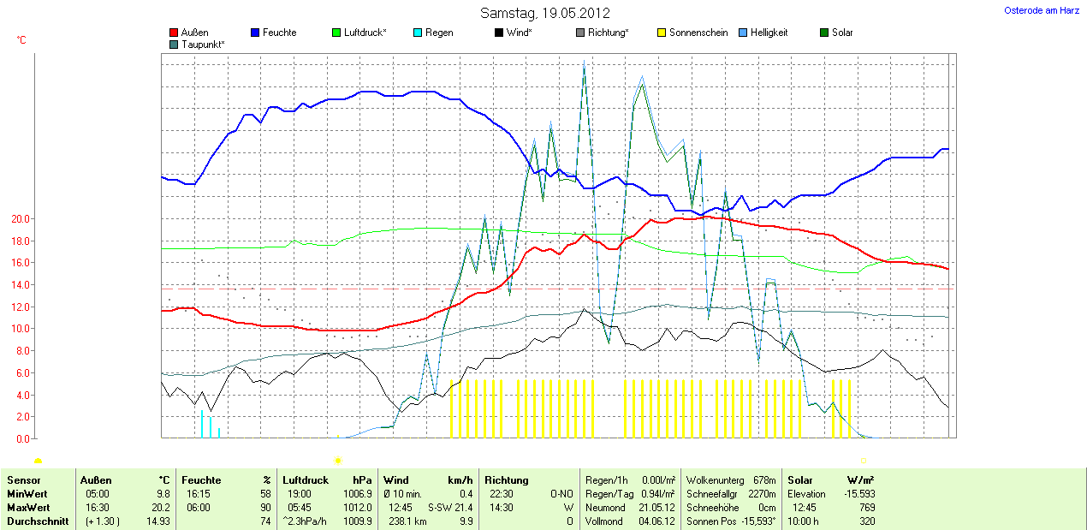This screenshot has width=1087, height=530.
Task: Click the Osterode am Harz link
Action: click(x=1042, y=10)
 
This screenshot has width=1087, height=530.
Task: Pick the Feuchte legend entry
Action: click(x=273, y=33)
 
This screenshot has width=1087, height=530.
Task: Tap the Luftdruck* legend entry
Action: click(x=359, y=33)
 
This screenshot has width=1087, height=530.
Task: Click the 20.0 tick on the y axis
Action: click(x=20, y=219)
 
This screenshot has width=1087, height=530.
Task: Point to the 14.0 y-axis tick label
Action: click(x=20, y=285)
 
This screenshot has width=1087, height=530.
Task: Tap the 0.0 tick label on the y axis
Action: click(x=22, y=438)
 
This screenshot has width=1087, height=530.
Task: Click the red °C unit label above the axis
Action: click(x=21, y=40)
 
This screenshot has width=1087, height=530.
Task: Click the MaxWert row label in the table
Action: click(x=29, y=507)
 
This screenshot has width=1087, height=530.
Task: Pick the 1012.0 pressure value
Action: click(x=356, y=507)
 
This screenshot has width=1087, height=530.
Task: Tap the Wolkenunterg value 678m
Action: click(x=764, y=480)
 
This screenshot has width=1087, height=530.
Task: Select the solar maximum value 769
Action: click(x=867, y=507)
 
